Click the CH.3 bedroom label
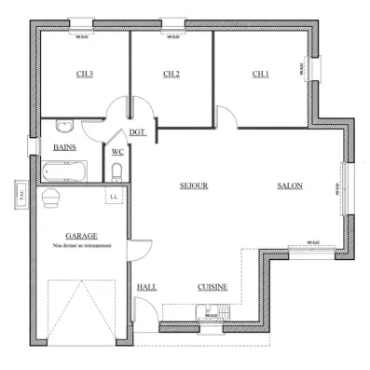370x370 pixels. click(x=83, y=75)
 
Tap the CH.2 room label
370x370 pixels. click(x=171, y=75)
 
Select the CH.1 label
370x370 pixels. click(x=261, y=75)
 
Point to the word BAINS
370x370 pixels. click(x=64, y=147)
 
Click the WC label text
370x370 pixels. click(x=118, y=151)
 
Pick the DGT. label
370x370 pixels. click(x=138, y=131)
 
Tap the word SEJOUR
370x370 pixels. click(x=193, y=185)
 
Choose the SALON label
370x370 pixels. click(x=289, y=185)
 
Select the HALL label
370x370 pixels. click(x=147, y=287)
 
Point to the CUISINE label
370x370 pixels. click(x=212, y=287)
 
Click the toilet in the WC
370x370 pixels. click(x=116, y=170)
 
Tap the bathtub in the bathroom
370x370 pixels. click(x=63, y=171)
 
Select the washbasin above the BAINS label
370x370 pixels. click(x=64, y=127)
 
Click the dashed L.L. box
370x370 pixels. click(x=114, y=196)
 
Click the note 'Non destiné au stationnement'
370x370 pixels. click(x=82, y=246)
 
